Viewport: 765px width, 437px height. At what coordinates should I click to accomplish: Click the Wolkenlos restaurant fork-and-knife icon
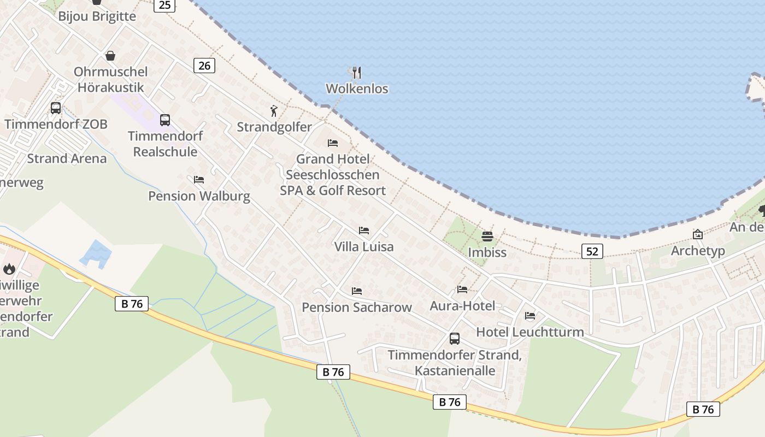tap(356, 72)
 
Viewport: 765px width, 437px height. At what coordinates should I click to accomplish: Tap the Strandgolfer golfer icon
tap(274, 111)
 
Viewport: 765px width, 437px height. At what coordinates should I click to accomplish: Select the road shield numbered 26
tap(204, 66)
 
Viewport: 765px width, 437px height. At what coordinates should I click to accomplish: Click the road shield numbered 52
tap(592, 251)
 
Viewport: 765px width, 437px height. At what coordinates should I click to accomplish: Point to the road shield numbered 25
tap(164, 5)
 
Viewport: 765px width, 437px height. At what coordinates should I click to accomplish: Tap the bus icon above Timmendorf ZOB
tap(56, 108)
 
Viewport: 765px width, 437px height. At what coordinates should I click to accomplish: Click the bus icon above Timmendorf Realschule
tap(165, 120)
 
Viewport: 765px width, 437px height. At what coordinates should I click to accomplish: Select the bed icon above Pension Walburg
tap(199, 179)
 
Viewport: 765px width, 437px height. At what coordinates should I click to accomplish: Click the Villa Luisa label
tap(363, 246)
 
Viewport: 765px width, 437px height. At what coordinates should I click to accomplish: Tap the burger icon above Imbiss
tap(487, 237)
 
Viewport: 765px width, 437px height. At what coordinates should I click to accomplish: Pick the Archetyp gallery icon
tap(698, 234)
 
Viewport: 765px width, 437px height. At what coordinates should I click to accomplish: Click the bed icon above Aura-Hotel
tap(462, 290)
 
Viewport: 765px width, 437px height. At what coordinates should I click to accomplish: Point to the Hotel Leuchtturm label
tap(529, 332)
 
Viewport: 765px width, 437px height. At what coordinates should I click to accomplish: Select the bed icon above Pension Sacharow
tap(357, 291)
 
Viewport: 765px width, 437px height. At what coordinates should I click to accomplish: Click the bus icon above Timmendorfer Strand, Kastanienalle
tap(455, 338)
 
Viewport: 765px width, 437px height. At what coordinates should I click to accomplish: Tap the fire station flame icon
tap(9, 269)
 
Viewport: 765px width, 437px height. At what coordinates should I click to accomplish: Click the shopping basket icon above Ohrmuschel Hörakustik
tap(110, 56)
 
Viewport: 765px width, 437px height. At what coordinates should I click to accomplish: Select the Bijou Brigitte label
tap(97, 16)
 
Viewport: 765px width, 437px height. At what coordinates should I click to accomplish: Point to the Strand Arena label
tap(67, 158)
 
